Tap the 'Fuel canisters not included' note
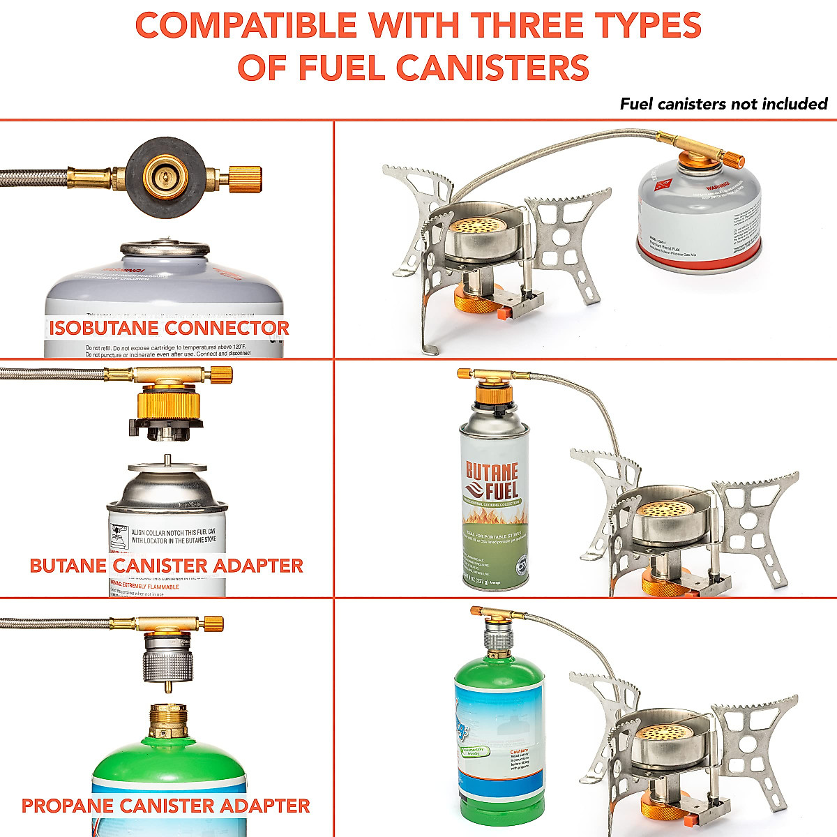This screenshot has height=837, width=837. (x=723, y=104)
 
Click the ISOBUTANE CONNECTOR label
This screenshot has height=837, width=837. (x=169, y=328)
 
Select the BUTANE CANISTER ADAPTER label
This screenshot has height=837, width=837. (x=166, y=565)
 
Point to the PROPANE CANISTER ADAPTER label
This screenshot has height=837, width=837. (x=166, y=806)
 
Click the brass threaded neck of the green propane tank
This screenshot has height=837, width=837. (x=168, y=721)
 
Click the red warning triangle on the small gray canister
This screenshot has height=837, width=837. (x=661, y=186)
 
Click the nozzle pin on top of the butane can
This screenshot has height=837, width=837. (x=167, y=460)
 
